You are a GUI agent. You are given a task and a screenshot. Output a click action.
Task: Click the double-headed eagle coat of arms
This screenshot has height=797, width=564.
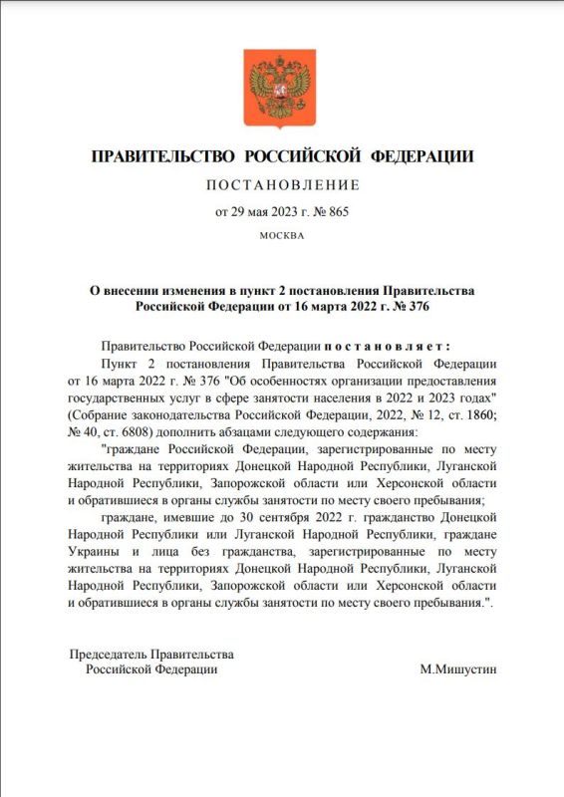(x=282, y=86)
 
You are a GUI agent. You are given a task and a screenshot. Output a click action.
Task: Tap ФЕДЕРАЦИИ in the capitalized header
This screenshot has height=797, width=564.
(x=422, y=157)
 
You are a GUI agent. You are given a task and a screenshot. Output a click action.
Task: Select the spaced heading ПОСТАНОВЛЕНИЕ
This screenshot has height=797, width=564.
(x=282, y=185)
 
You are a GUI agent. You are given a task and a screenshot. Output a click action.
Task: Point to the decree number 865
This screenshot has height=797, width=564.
(x=337, y=211)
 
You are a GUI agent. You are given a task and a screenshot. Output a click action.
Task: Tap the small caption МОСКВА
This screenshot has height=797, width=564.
(x=282, y=236)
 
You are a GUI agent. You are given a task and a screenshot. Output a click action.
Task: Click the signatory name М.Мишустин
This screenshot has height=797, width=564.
(x=458, y=669)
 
